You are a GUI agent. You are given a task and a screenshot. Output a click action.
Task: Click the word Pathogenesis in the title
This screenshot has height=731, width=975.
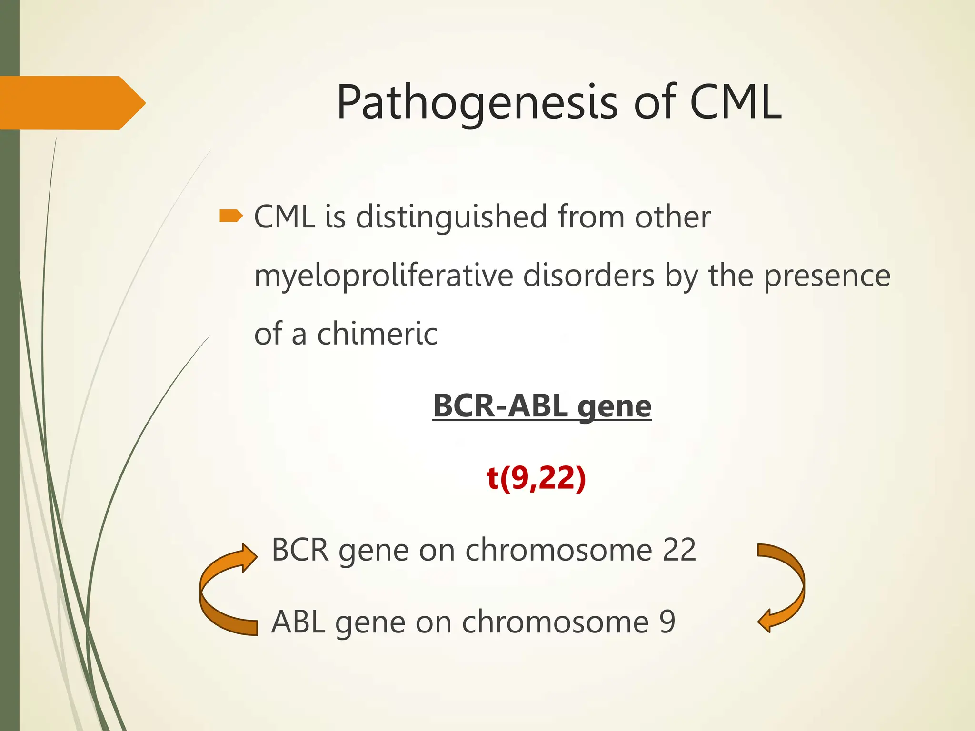pos(477,103)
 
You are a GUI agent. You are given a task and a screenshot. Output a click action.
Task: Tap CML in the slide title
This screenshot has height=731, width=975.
pos(735,102)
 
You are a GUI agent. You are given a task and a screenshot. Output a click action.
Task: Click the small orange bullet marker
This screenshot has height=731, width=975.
pos(231,217)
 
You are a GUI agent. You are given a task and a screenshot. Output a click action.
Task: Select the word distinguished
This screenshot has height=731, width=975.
pos(451,217)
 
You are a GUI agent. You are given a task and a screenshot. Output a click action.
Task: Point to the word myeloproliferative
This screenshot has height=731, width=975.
pos(384,276)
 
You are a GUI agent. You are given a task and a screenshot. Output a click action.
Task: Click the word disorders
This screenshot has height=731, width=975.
pos(588,276)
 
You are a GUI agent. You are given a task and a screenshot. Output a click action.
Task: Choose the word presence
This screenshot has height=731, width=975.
pos(827,276)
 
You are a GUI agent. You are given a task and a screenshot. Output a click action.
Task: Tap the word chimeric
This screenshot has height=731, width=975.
pos(377,334)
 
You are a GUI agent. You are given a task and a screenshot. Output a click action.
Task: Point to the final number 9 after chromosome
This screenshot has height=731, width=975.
pos(667,622)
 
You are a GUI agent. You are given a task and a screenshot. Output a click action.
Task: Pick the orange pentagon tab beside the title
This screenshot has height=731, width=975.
pos(71,103)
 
